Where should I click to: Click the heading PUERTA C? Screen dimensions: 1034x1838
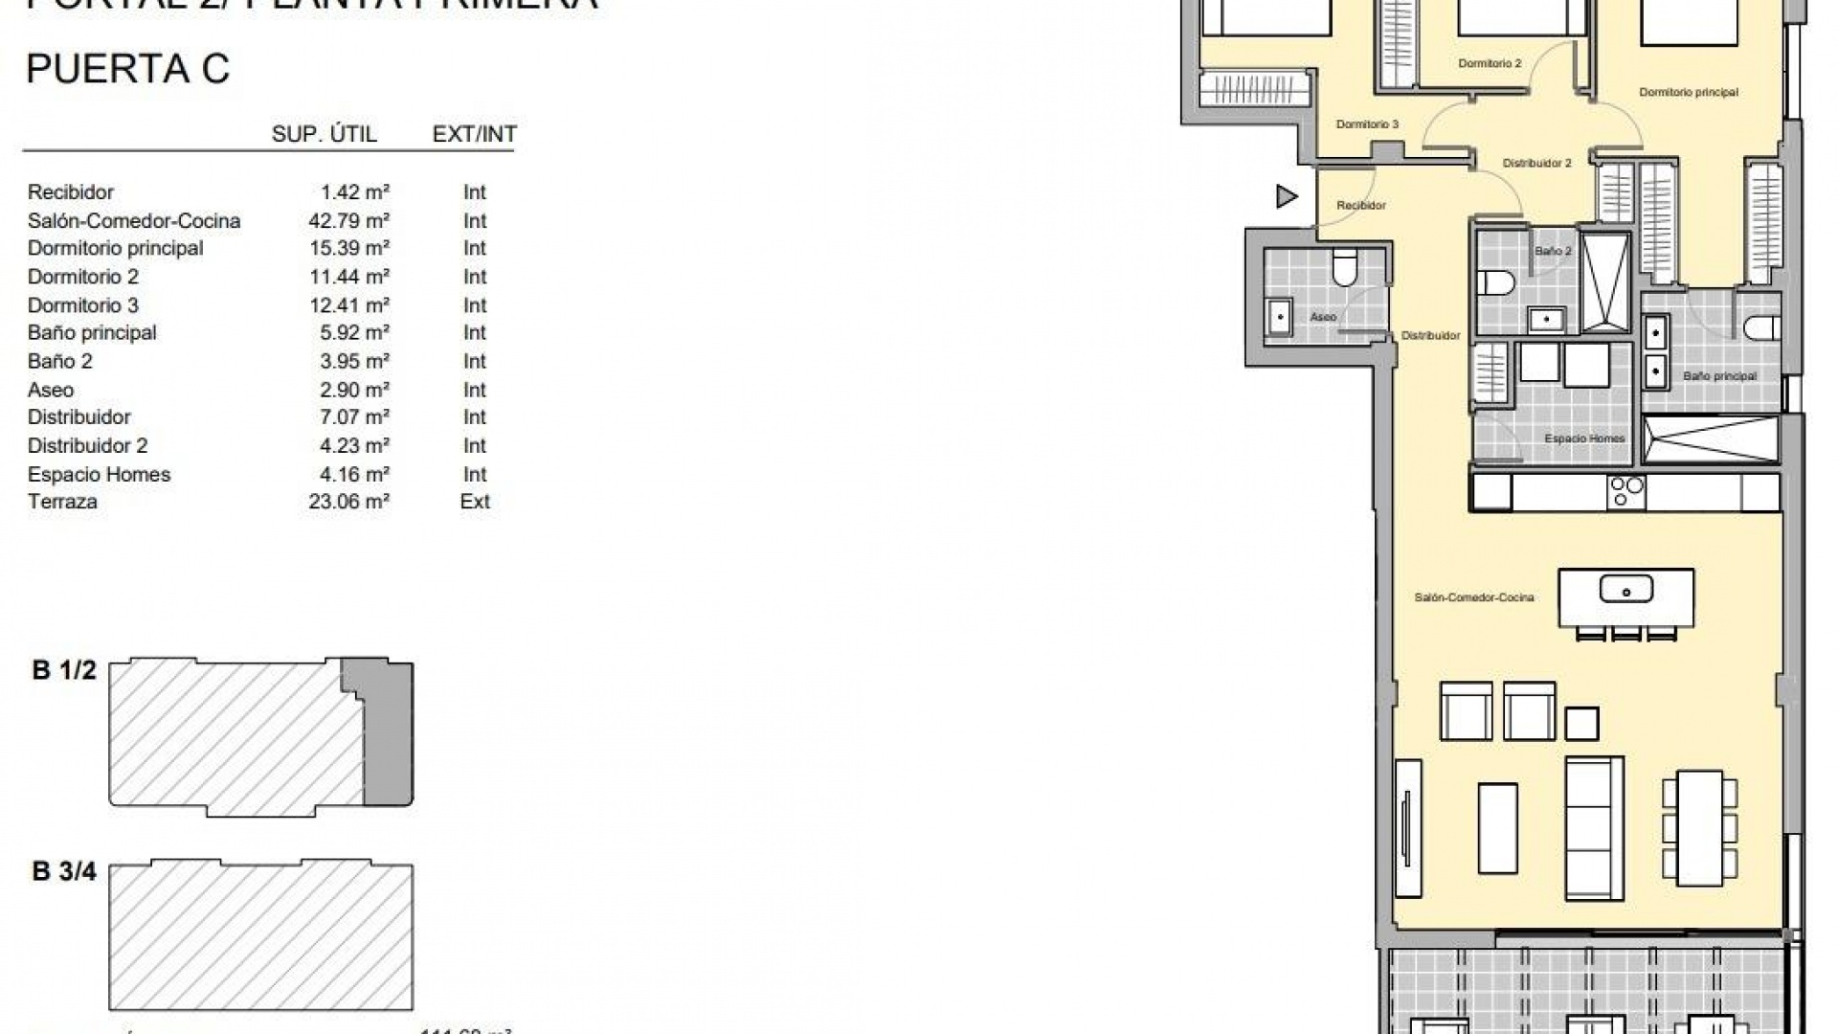[128, 69]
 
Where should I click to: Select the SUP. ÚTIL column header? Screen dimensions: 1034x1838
[324, 134]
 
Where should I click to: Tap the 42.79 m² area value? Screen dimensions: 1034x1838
[348, 221]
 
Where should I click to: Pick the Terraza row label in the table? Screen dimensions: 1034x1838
[62, 502]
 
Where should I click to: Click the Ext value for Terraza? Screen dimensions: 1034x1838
[475, 502]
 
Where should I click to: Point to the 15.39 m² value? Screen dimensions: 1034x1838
[348, 249]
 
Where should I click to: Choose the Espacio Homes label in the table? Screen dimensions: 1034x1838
[99, 475]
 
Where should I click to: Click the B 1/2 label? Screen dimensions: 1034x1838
[64, 670]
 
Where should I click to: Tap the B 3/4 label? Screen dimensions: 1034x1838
[64, 871]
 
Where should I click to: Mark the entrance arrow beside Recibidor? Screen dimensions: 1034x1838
[1287, 197]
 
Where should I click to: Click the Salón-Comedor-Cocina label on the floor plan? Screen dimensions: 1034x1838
[1474, 597]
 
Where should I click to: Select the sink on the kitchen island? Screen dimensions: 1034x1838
[1625, 590]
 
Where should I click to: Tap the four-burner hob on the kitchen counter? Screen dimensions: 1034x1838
[1626, 491]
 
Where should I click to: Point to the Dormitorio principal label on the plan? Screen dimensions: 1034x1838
[1689, 93]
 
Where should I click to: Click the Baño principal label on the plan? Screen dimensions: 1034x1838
[1719, 376]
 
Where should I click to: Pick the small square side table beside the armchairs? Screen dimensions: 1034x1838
[1582, 723]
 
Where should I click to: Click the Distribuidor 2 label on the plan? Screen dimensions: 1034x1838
[1536, 164]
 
